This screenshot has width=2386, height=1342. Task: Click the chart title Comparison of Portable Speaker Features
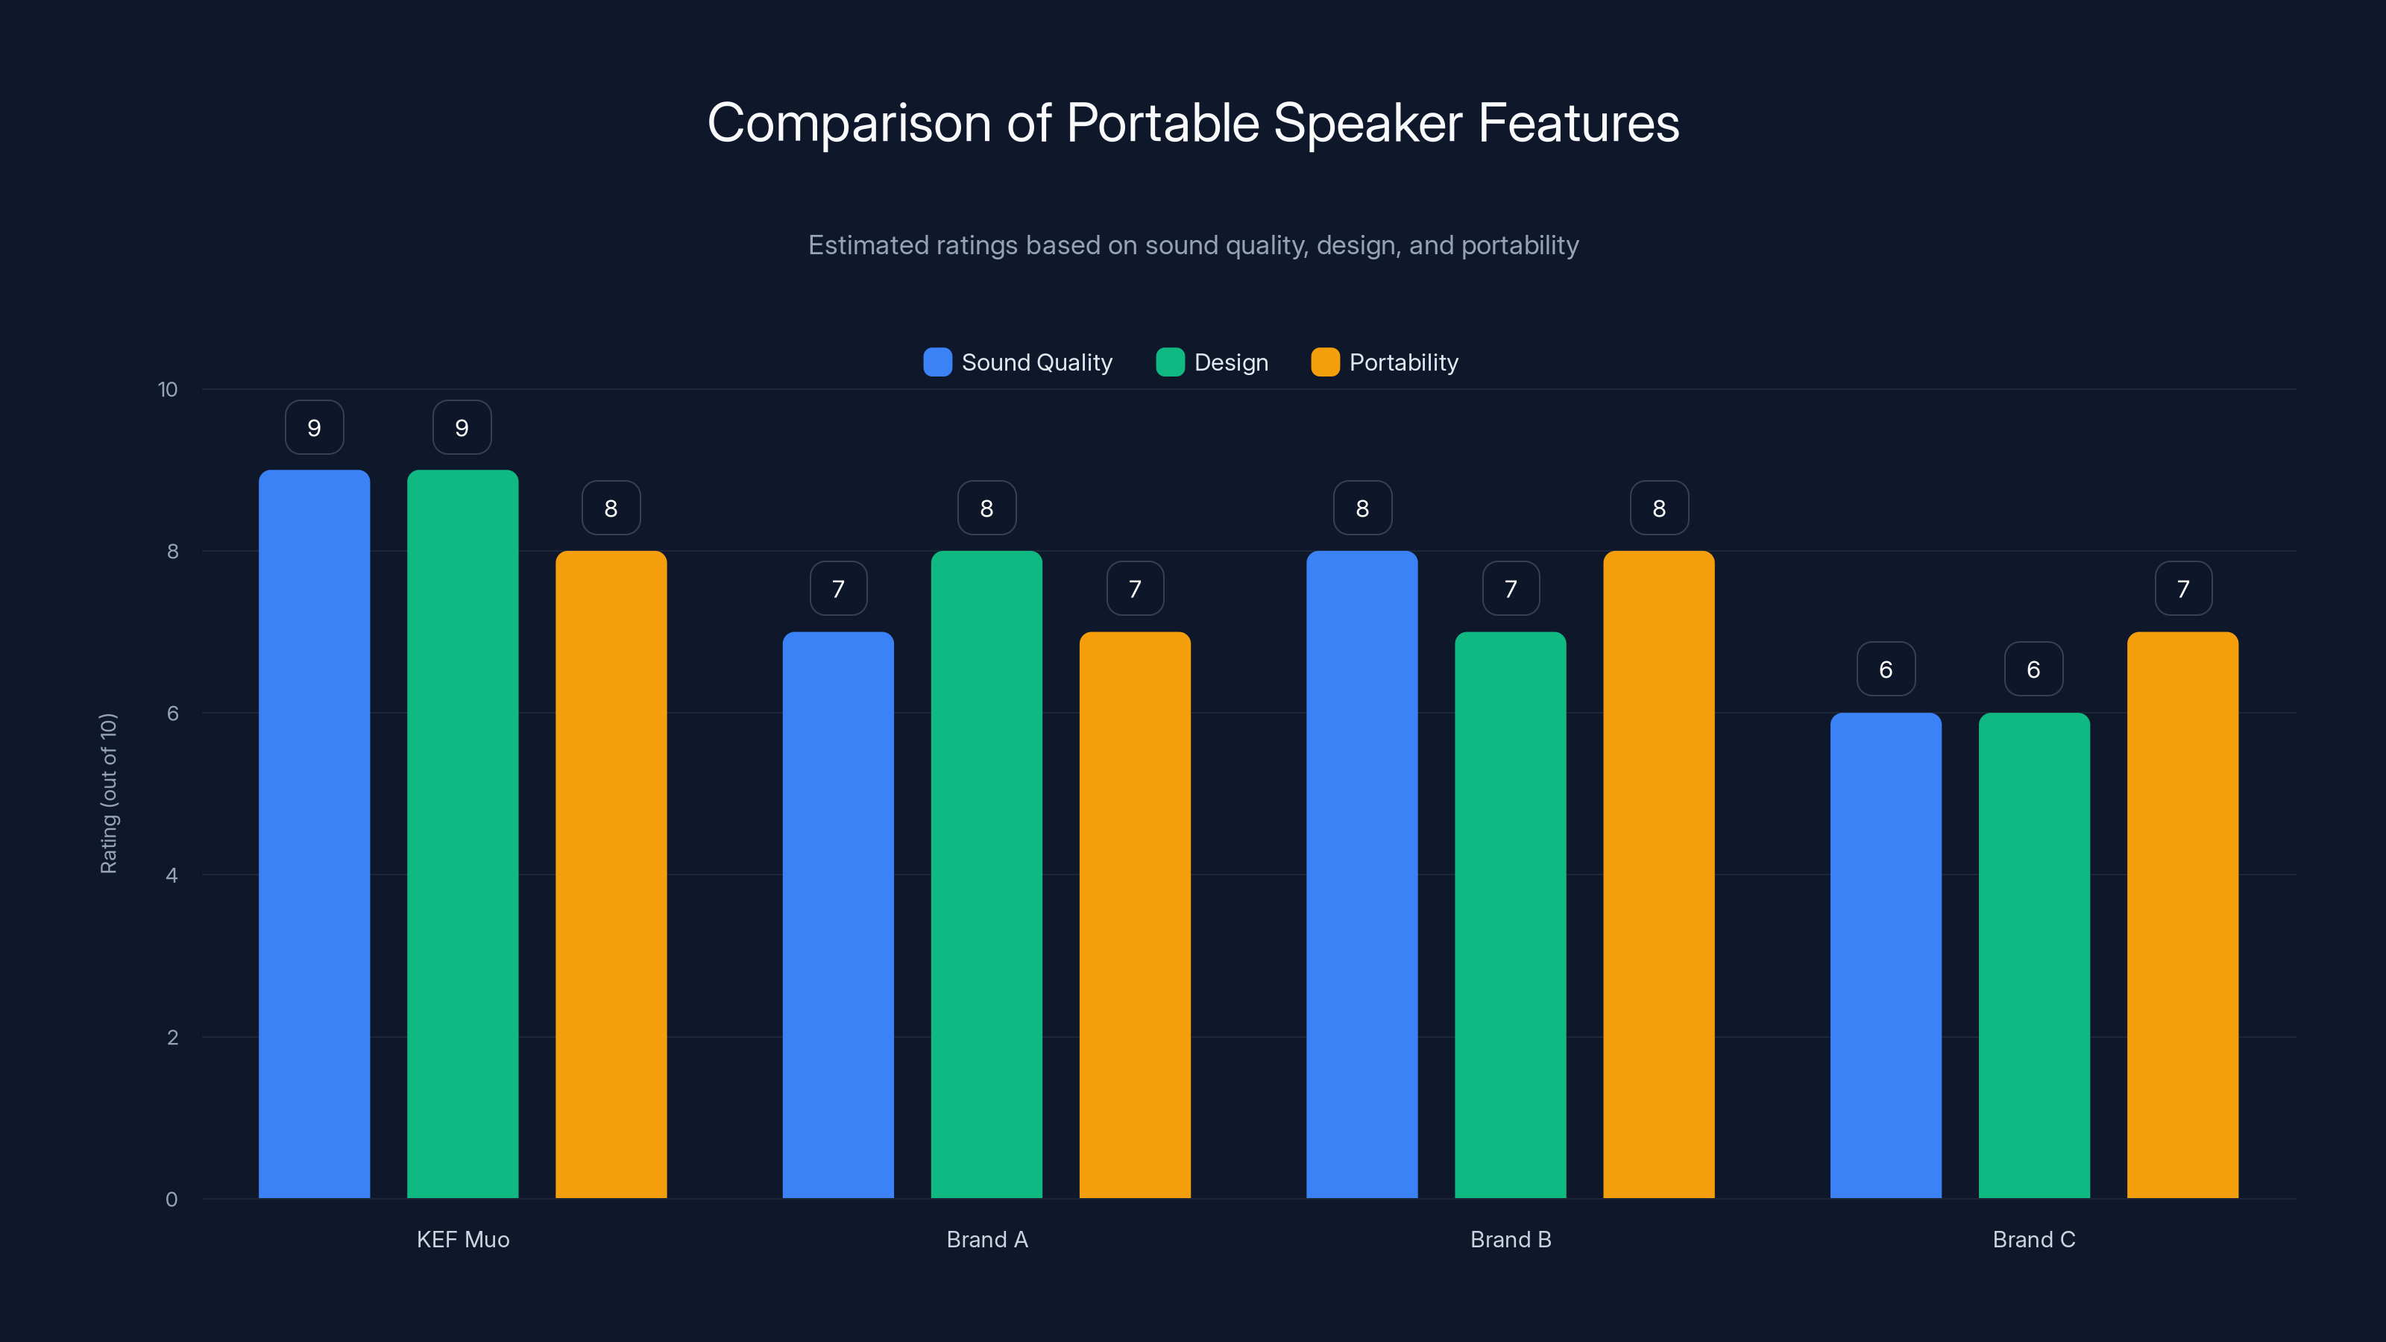tap(1193, 123)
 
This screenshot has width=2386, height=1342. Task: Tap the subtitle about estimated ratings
tap(1193, 245)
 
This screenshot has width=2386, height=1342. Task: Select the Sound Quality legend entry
tap(1018, 362)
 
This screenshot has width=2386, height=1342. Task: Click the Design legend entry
tap(1212, 362)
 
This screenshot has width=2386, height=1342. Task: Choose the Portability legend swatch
tap(1324, 362)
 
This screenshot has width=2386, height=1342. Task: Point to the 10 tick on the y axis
tap(168, 390)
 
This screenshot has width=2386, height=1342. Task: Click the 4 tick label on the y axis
tap(171, 875)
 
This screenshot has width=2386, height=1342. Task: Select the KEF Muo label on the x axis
tap(463, 1239)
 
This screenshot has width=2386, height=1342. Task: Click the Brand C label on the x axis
tap(2034, 1239)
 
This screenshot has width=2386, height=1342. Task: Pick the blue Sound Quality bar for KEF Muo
tap(314, 834)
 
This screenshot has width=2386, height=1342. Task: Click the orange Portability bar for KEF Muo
tap(611, 875)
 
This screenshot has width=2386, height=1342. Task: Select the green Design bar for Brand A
tap(986, 875)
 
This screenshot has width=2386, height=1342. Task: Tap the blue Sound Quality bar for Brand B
tap(1362, 875)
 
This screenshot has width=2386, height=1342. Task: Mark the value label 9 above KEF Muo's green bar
tap(462, 428)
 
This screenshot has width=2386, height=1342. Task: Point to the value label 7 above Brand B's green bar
tap(1511, 589)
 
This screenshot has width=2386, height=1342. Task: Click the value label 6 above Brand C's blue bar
tap(1886, 670)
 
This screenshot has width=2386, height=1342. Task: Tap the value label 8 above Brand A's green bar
tap(986, 508)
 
